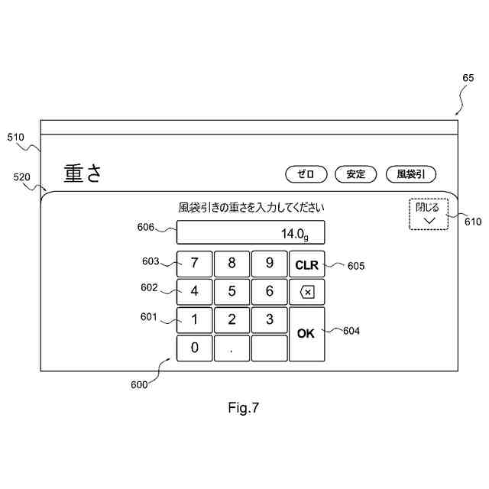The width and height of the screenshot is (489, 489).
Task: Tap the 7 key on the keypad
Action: pos(195,264)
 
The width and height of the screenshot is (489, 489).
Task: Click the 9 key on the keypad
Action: pos(270,264)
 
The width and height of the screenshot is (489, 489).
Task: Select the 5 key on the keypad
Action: pos(232,291)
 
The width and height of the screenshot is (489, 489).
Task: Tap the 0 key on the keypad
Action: pos(195,348)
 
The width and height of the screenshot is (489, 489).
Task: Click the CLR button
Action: pos(306,264)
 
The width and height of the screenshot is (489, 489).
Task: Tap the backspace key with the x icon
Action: pos(306,291)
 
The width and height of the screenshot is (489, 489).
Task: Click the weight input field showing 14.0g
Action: pos(251,232)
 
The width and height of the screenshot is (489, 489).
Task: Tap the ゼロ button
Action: pos(306,173)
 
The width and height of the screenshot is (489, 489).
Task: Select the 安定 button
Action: pos(356,173)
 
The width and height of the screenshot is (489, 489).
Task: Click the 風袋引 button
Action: pos(411,173)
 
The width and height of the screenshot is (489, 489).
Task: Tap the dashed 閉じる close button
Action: pos(428,212)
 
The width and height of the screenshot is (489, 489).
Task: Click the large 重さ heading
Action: pos(83,173)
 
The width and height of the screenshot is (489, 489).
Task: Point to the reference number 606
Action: pos(146,226)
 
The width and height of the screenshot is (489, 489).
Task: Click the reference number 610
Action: pos(473,222)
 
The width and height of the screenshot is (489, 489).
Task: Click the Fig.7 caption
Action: pos(244,408)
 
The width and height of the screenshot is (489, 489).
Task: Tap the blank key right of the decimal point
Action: pos(270,348)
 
